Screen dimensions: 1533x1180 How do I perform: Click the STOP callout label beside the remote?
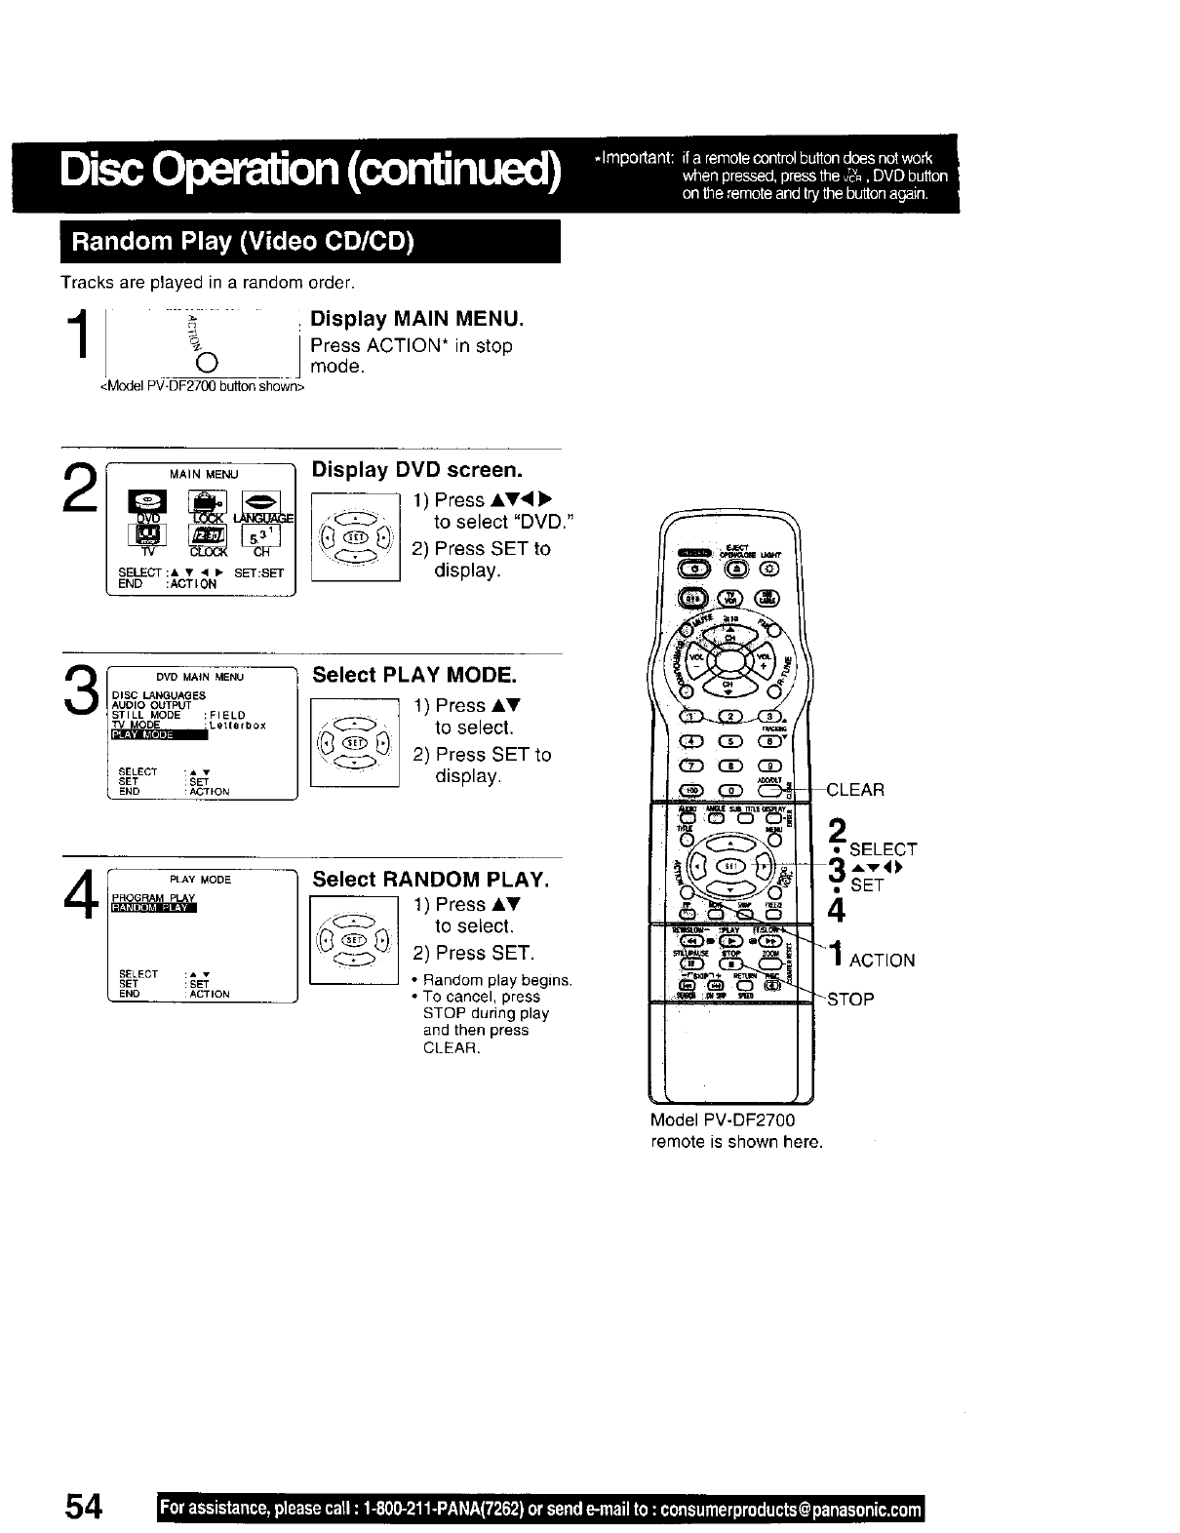coord(850,999)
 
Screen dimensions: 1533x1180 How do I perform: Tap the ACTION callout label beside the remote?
coord(882,961)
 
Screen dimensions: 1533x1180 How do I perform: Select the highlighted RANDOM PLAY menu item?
coord(154,910)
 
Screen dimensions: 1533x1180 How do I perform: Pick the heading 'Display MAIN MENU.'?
coord(416,319)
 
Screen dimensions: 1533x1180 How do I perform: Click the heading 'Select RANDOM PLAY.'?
coord(431,880)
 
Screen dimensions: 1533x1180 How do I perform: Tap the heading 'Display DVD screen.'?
coord(416,470)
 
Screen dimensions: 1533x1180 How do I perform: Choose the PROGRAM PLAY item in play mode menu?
coord(153,898)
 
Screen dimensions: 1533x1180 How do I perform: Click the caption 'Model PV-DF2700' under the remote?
coord(723,1120)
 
